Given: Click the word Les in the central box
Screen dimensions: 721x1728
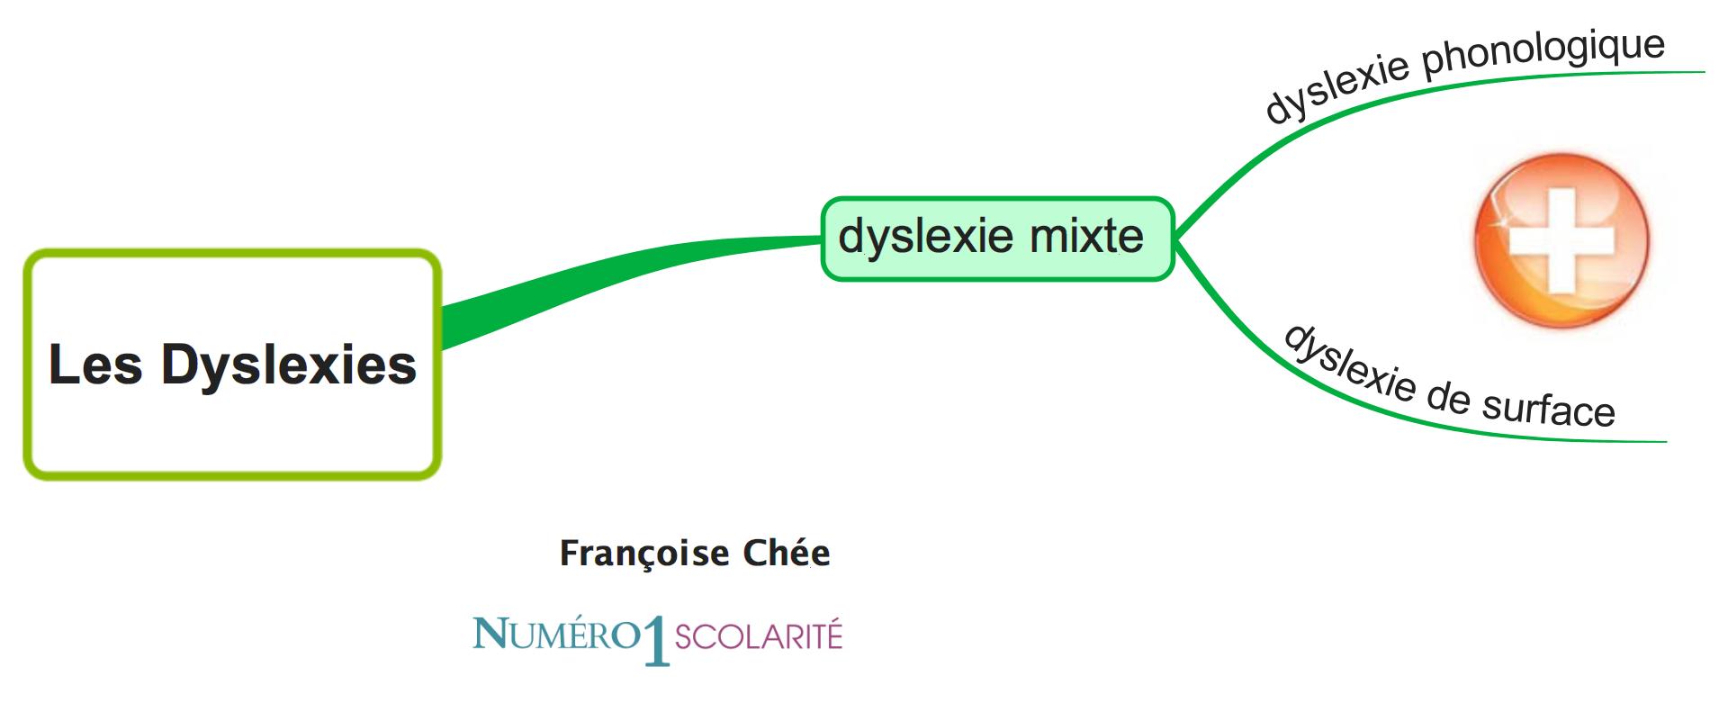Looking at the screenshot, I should click(x=94, y=365).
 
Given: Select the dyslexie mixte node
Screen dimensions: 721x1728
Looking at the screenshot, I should click(x=997, y=239).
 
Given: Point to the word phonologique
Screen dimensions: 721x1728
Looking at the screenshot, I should click(x=1543, y=55).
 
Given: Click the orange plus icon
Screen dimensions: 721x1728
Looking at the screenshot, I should click(x=1561, y=240).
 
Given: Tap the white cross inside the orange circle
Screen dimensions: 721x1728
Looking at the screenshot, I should click(x=1561, y=240).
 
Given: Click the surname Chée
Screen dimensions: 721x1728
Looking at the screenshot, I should click(x=787, y=553).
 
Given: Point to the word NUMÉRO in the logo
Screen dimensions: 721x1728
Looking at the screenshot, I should click(x=555, y=635).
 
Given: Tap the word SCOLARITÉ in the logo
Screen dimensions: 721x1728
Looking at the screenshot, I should click(x=758, y=637).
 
